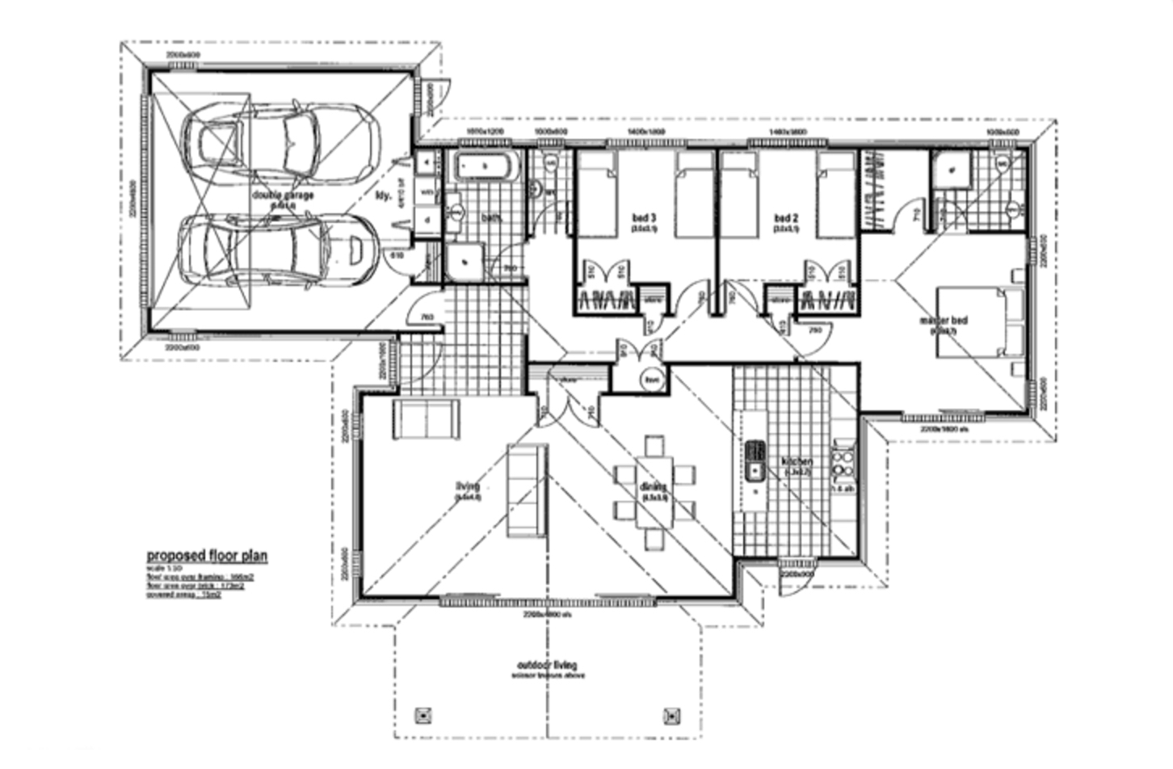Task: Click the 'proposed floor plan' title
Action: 207,556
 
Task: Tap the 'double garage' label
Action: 283,195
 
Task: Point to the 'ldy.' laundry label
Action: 384,195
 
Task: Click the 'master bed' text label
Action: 943,321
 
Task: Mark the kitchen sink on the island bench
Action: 755,459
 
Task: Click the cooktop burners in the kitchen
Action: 843,462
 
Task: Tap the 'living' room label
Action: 468,486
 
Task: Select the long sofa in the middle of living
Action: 525,490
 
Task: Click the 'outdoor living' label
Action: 548,666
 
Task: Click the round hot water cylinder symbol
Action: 651,379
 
